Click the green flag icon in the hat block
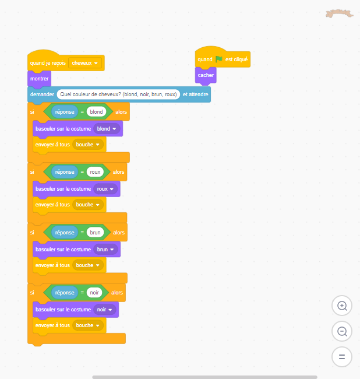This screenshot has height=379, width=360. pyautogui.click(x=219, y=59)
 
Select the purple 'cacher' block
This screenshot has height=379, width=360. pyautogui.click(x=206, y=75)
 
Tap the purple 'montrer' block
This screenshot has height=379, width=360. pyautogui.click(x=40, y=79)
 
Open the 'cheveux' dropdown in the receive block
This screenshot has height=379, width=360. pyautogui.click(x=84, y=63)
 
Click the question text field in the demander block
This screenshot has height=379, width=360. pyautogui.click(x=118, y=94)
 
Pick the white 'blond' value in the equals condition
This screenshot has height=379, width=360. pyautogui.click(x=96, y=112)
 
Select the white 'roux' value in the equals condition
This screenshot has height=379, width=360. pyautogui.click(x=95, y=172)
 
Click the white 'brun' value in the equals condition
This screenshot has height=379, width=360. pyautogui.click(x=95, y=232)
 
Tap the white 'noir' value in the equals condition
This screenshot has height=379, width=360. pyautogui.click(x=94, y=293)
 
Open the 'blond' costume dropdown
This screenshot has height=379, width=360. pyautogui.click(x=107, y=129)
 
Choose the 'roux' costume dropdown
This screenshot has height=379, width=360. pyautogui.click(x=105, y=189)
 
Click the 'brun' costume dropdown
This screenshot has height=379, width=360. pyautogui.click(x=105, y=250)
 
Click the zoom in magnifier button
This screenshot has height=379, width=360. pyautogui.click(x=342, y=306)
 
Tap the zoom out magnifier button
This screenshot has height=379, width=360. pyautogui.click(x=342, y=331)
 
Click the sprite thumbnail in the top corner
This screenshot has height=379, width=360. pyautogui.click(x=339, y=13)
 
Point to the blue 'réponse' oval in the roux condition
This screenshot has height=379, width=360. pyautogui.click(x=65, y=172)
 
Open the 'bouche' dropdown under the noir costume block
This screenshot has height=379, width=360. pyautogui.click(x=88, y=325)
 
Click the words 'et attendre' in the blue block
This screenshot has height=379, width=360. pyautogui.click(x=195, y=94)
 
